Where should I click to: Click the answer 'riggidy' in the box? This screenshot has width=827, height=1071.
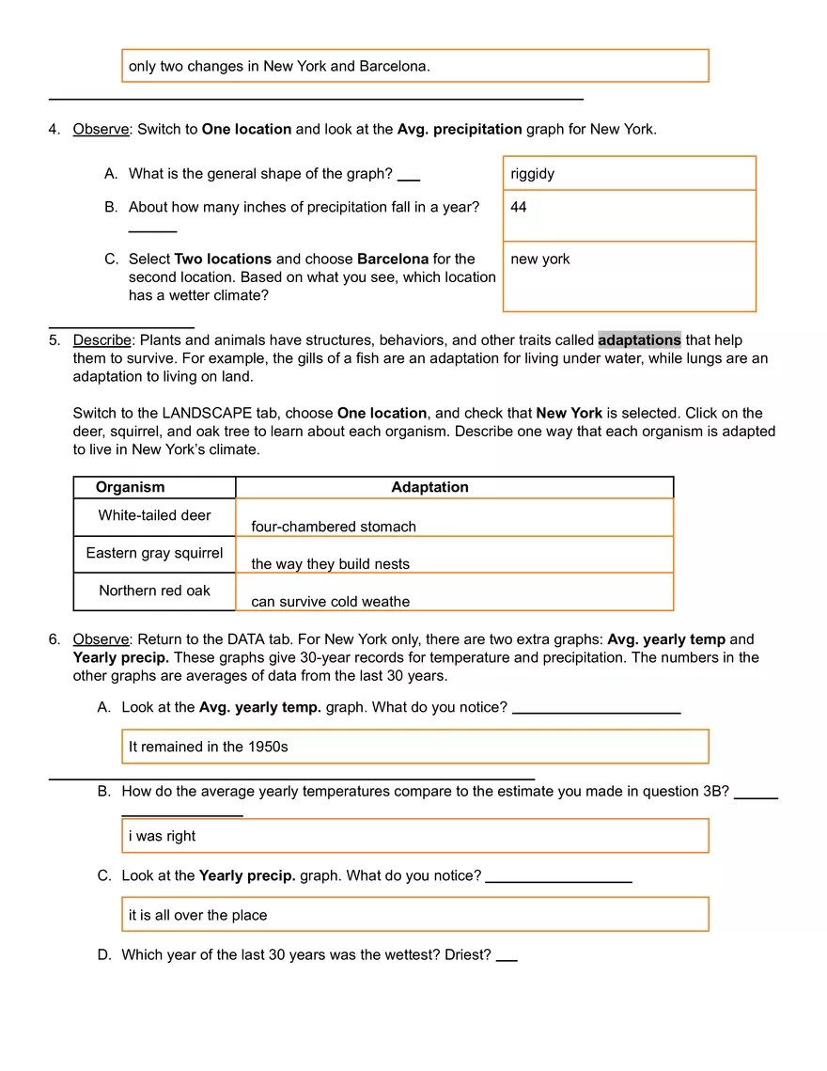pos(533,174)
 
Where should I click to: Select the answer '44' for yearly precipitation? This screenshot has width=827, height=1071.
pos(519,207)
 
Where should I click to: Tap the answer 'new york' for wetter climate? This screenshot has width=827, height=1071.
pos(540,260)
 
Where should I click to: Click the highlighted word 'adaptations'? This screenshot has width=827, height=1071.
pos(639,339)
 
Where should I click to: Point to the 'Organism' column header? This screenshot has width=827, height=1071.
pos(130,487)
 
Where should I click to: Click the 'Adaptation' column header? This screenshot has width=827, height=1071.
pos(429,487)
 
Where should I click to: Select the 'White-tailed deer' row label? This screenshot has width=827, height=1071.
pos(154,515)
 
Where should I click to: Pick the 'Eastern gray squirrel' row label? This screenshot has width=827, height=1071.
pos(154,553)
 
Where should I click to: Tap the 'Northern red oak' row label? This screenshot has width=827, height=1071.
pos(154,591)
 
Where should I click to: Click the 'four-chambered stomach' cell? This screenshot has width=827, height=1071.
pos(334,527)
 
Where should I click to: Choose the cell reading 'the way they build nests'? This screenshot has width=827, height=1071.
pos(331,564)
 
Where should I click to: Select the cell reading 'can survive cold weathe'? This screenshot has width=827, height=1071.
pos(331,602)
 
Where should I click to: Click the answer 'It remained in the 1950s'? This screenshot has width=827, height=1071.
pos(209,747)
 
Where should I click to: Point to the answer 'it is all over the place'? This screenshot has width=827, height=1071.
pos(198,915)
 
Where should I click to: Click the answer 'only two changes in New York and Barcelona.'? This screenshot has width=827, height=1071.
pos(279,66)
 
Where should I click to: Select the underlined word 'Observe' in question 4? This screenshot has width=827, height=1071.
pos(101,129)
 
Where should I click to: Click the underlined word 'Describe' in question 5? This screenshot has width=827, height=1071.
pos(101,339)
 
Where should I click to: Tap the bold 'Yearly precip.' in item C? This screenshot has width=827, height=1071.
pos(247,875)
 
